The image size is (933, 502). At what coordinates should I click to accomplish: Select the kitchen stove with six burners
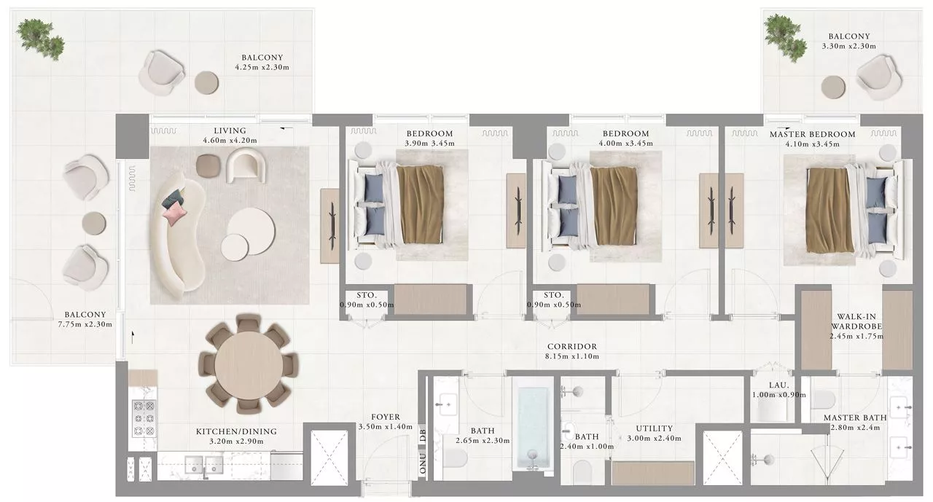144,418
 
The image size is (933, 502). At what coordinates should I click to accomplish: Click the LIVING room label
230,130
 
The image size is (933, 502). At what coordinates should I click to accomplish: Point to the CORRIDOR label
572,346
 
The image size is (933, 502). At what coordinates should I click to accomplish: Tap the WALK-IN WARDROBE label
856,321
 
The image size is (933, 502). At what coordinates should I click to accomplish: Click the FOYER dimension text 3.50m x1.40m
386,427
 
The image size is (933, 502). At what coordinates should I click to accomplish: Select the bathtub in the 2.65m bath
533,428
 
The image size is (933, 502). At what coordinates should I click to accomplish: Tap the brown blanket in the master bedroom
828,211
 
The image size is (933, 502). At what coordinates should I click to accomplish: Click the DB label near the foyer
423,436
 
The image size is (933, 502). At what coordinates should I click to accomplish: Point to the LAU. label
778,385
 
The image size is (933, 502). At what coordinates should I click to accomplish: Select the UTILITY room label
655,428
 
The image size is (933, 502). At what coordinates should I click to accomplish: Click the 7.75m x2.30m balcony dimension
85,324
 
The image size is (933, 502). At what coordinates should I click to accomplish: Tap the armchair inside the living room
246,165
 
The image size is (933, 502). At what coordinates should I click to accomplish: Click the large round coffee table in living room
251,231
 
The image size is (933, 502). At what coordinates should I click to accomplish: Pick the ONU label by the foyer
423,463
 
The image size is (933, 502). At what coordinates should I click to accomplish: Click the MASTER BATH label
855,417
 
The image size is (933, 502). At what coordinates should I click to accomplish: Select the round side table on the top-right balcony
833,87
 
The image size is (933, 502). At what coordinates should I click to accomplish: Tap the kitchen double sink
203,464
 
